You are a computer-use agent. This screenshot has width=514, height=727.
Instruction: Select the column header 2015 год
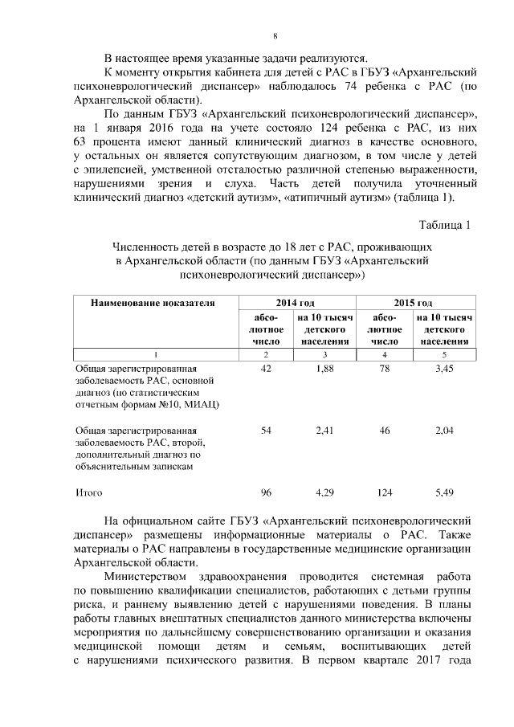(x=413, y=303)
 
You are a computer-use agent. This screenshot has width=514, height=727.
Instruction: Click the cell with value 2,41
(x=324, y=431)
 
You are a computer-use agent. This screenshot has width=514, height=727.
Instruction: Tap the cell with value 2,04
(x=444, y=431)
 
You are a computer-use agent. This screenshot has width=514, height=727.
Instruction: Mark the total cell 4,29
(x=324, y=491)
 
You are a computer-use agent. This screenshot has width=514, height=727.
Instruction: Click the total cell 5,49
(x=444, y=491)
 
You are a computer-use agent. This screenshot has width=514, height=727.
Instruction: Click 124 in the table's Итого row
(x=385, y=491)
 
